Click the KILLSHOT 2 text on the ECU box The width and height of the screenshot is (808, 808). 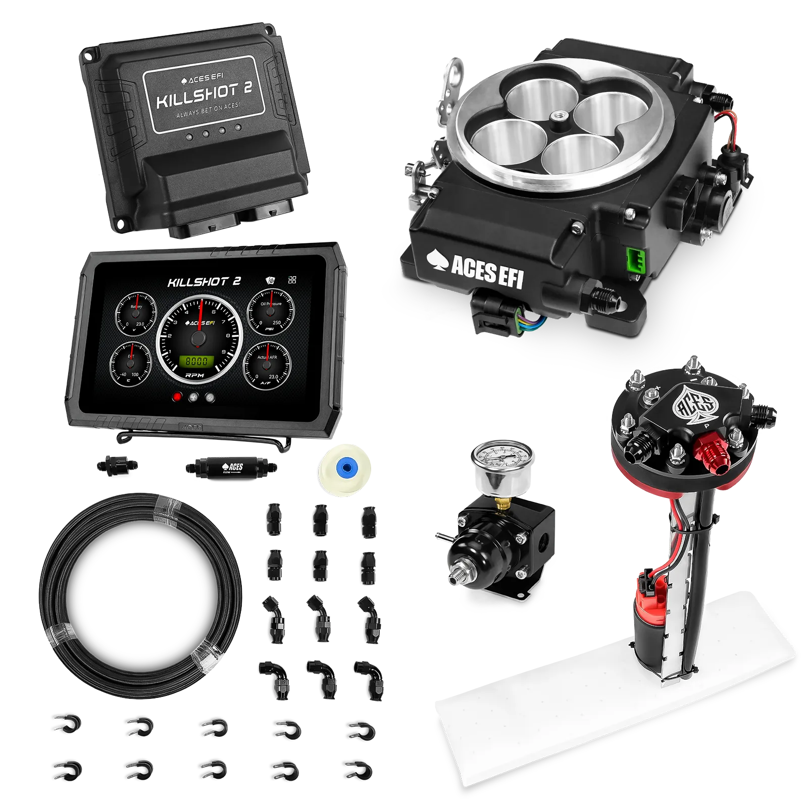click(204, 96)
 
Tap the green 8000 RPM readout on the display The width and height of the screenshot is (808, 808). click(196, 361)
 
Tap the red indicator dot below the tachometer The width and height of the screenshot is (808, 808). click(177, 397)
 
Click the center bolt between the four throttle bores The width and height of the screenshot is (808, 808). click(561, 117)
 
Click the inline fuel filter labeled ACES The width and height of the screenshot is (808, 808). click(231, 467)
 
